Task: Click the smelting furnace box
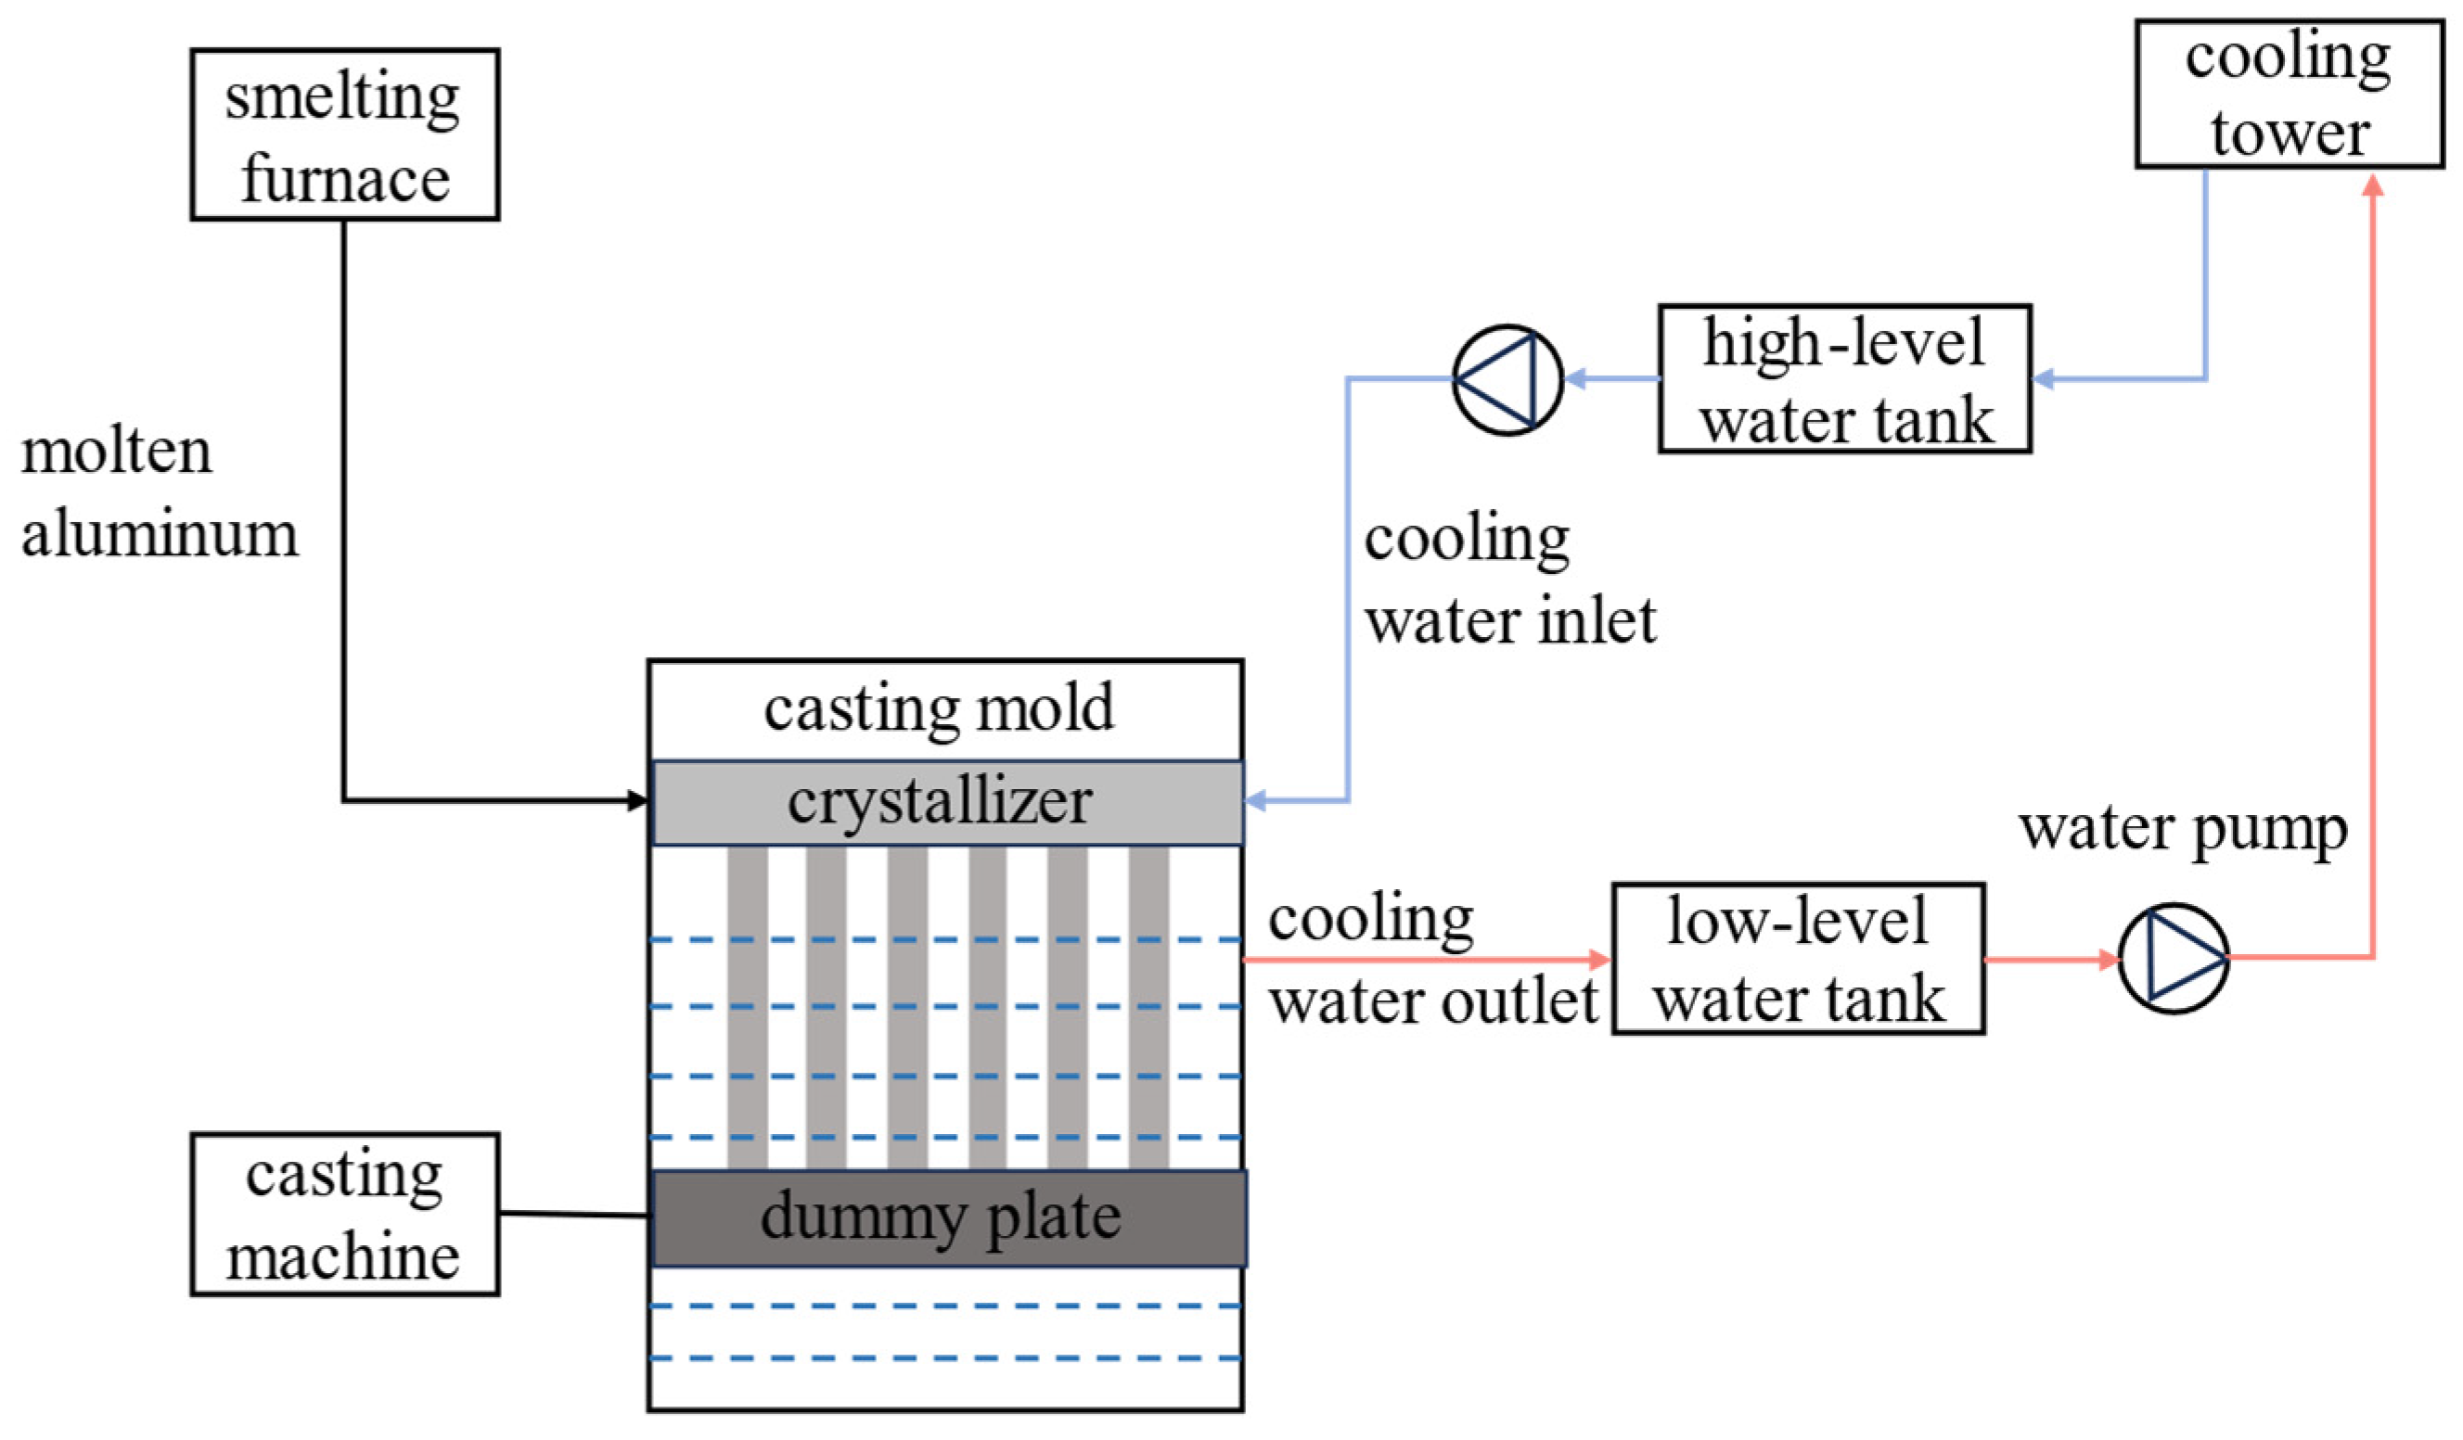tap(344, 134)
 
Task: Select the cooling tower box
tap(2289, 94)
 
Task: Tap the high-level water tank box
tap(1844, 379)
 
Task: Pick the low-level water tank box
tap(1798, 960)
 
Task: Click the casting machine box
tap(344, 1215)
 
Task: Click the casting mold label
tap(938, 708)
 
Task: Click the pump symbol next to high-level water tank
tap(1507, 380)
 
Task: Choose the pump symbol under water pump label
tap(2174, 959)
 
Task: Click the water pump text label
tap(2183, 830)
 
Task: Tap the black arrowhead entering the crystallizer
tap(638, 801)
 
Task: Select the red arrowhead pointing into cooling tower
tap(2372, 185)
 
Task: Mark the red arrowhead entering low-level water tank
tap(1600, 960)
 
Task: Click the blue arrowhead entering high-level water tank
tap(2044, 378)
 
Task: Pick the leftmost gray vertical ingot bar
tap(747, 1006)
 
